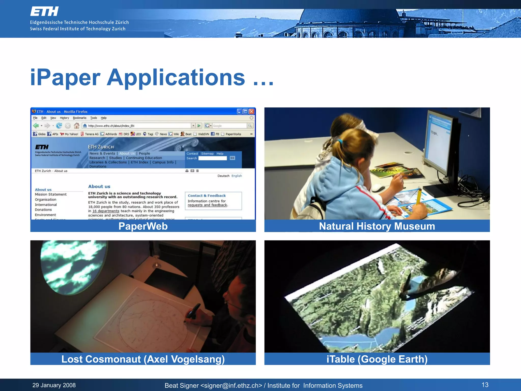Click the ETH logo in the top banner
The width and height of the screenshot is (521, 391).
[45, 11]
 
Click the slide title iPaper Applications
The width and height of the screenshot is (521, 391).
[152, 77]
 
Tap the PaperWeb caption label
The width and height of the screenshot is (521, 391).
[143, 226]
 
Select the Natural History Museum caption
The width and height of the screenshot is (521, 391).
[377, 226]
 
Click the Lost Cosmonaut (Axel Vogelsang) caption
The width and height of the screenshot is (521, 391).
[143, 359]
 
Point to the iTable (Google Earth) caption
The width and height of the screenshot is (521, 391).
[377, 359]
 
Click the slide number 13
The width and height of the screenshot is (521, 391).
[485, 385]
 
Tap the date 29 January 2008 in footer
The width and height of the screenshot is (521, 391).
[54, 385]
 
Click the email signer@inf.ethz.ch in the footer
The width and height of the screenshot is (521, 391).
[231, 386]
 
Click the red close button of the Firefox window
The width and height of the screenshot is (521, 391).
[252, 111]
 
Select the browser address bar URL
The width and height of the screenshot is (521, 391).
[111, 126]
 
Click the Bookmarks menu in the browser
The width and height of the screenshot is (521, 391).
[79, 118]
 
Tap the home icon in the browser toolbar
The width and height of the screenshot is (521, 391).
[77, 125]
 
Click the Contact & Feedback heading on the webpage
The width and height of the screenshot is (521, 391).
[207, 195]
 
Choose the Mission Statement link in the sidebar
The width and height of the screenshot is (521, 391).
[51, 194]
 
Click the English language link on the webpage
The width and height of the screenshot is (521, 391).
[237, 176]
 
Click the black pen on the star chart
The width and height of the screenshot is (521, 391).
[193, 311]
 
